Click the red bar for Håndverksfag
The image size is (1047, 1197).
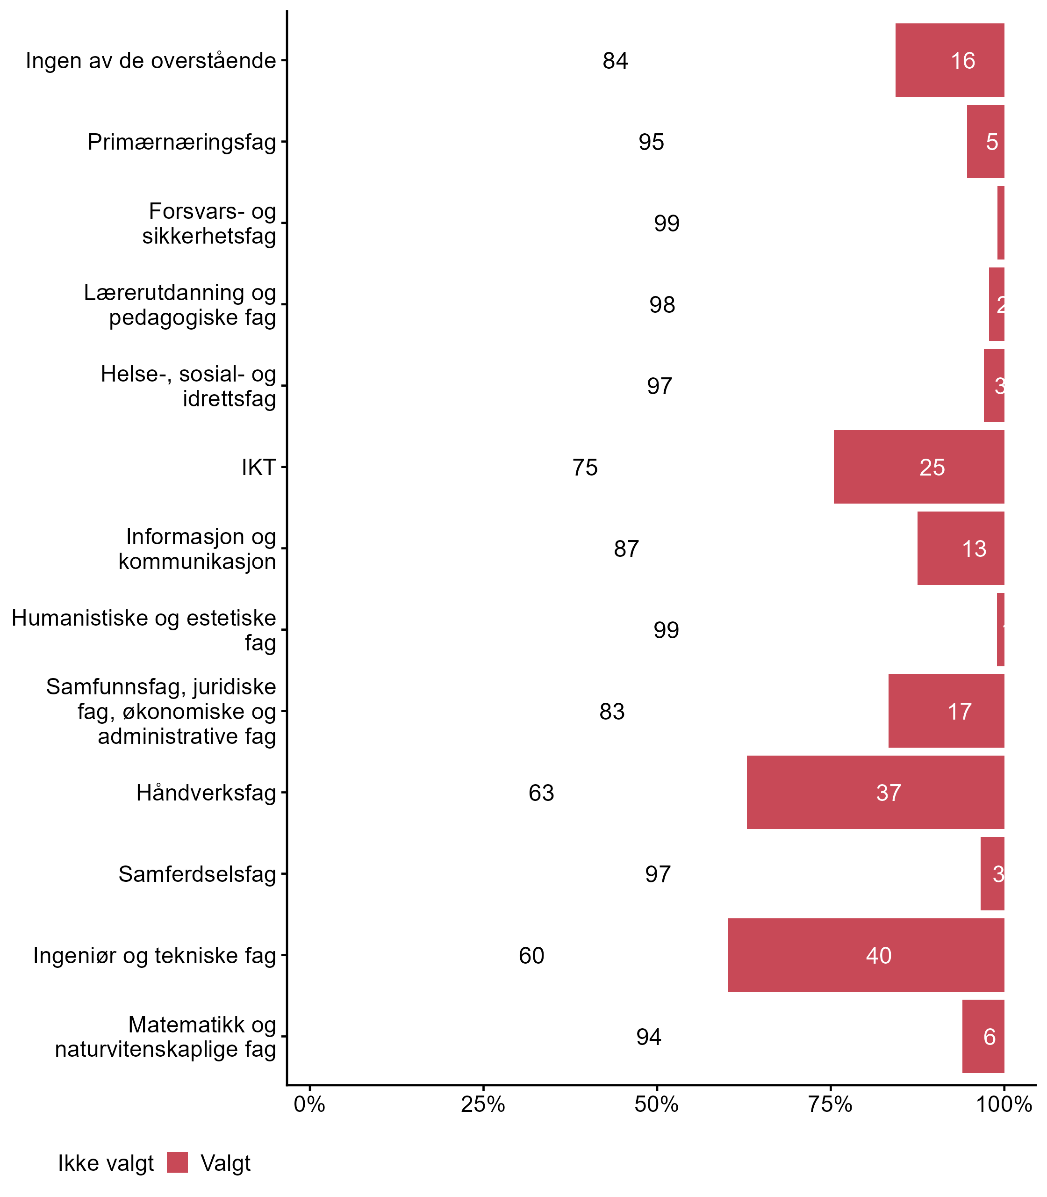875,792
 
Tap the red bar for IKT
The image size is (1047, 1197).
918,467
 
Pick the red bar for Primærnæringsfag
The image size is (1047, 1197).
985,141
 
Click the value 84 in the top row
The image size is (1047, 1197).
615,61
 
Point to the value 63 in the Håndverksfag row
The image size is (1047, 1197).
541,793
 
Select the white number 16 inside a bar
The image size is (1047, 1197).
963,61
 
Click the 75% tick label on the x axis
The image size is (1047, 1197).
830,1104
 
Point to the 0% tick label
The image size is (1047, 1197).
309,1104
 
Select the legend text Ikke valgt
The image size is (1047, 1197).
106,1163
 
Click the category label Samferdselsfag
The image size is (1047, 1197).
197,874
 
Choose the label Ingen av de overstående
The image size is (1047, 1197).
151,61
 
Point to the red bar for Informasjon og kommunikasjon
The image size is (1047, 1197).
960,548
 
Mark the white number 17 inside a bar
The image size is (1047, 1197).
959,711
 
